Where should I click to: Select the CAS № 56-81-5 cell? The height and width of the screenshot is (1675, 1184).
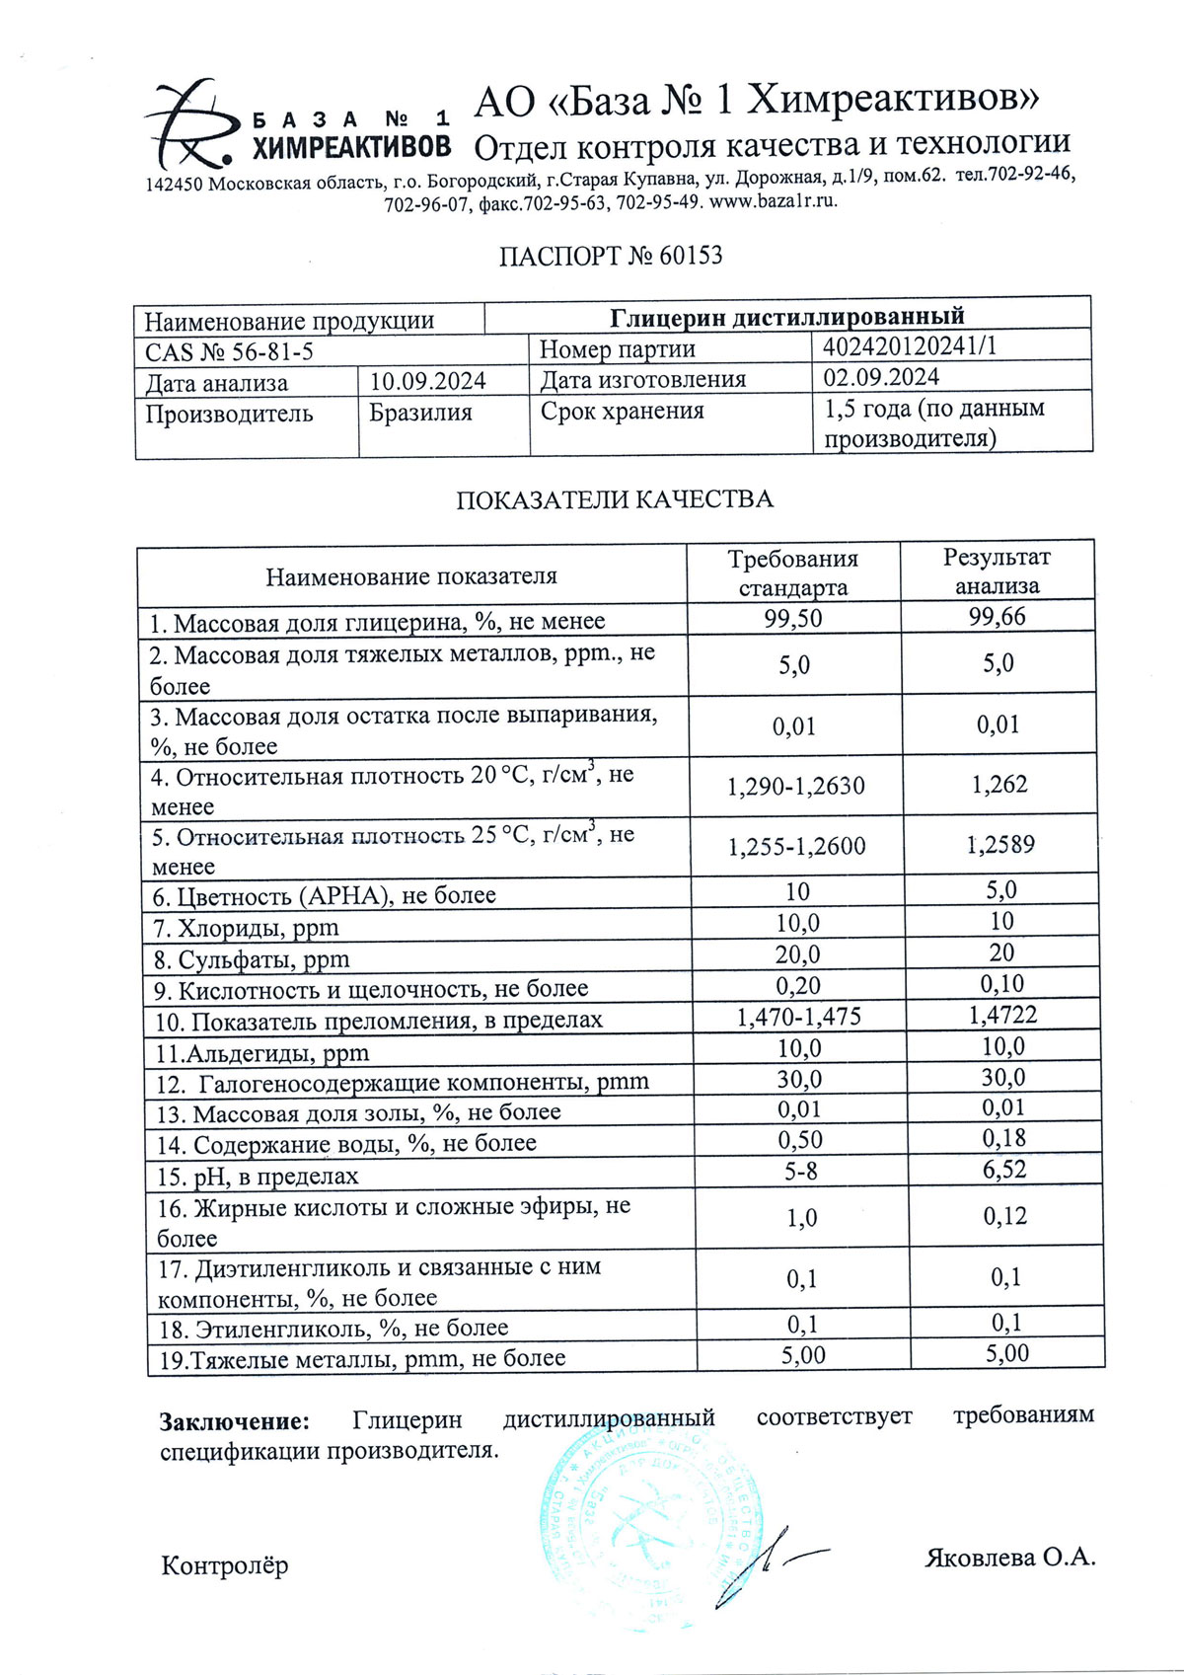click(230, 352)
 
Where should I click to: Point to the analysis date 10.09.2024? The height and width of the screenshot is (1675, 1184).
click(427, 381)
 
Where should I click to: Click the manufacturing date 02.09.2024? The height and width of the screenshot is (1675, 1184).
click(881, 377)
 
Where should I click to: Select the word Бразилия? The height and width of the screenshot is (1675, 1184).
click(420, 413)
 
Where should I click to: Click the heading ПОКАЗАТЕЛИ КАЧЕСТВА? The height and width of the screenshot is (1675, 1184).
click(614, 499)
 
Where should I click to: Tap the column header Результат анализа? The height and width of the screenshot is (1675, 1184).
click(997, 571)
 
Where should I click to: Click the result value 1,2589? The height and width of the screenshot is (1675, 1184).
click(1001, 845)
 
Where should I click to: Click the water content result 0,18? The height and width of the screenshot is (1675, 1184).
click(1003, 1139)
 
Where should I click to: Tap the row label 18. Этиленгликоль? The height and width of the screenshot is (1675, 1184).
click(333, 1329)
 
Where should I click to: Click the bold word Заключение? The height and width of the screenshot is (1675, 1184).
click(235, 1421)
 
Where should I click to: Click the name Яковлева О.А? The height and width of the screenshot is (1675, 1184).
click(1009, 1558)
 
